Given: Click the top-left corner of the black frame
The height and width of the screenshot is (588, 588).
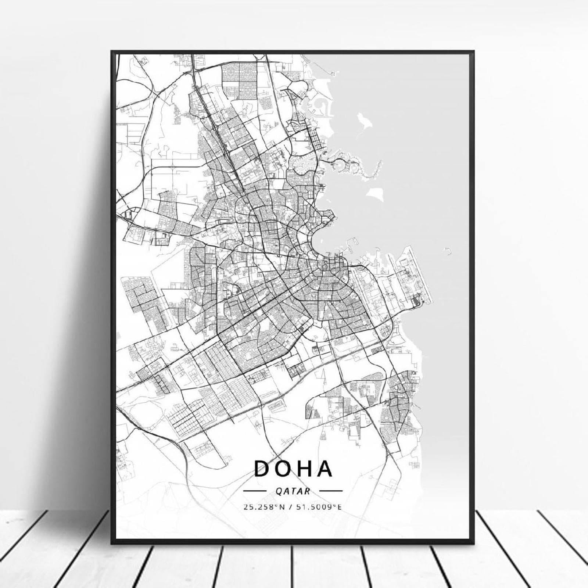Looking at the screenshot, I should pos(111,51).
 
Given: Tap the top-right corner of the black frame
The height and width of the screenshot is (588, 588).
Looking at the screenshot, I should pos(474,51).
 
